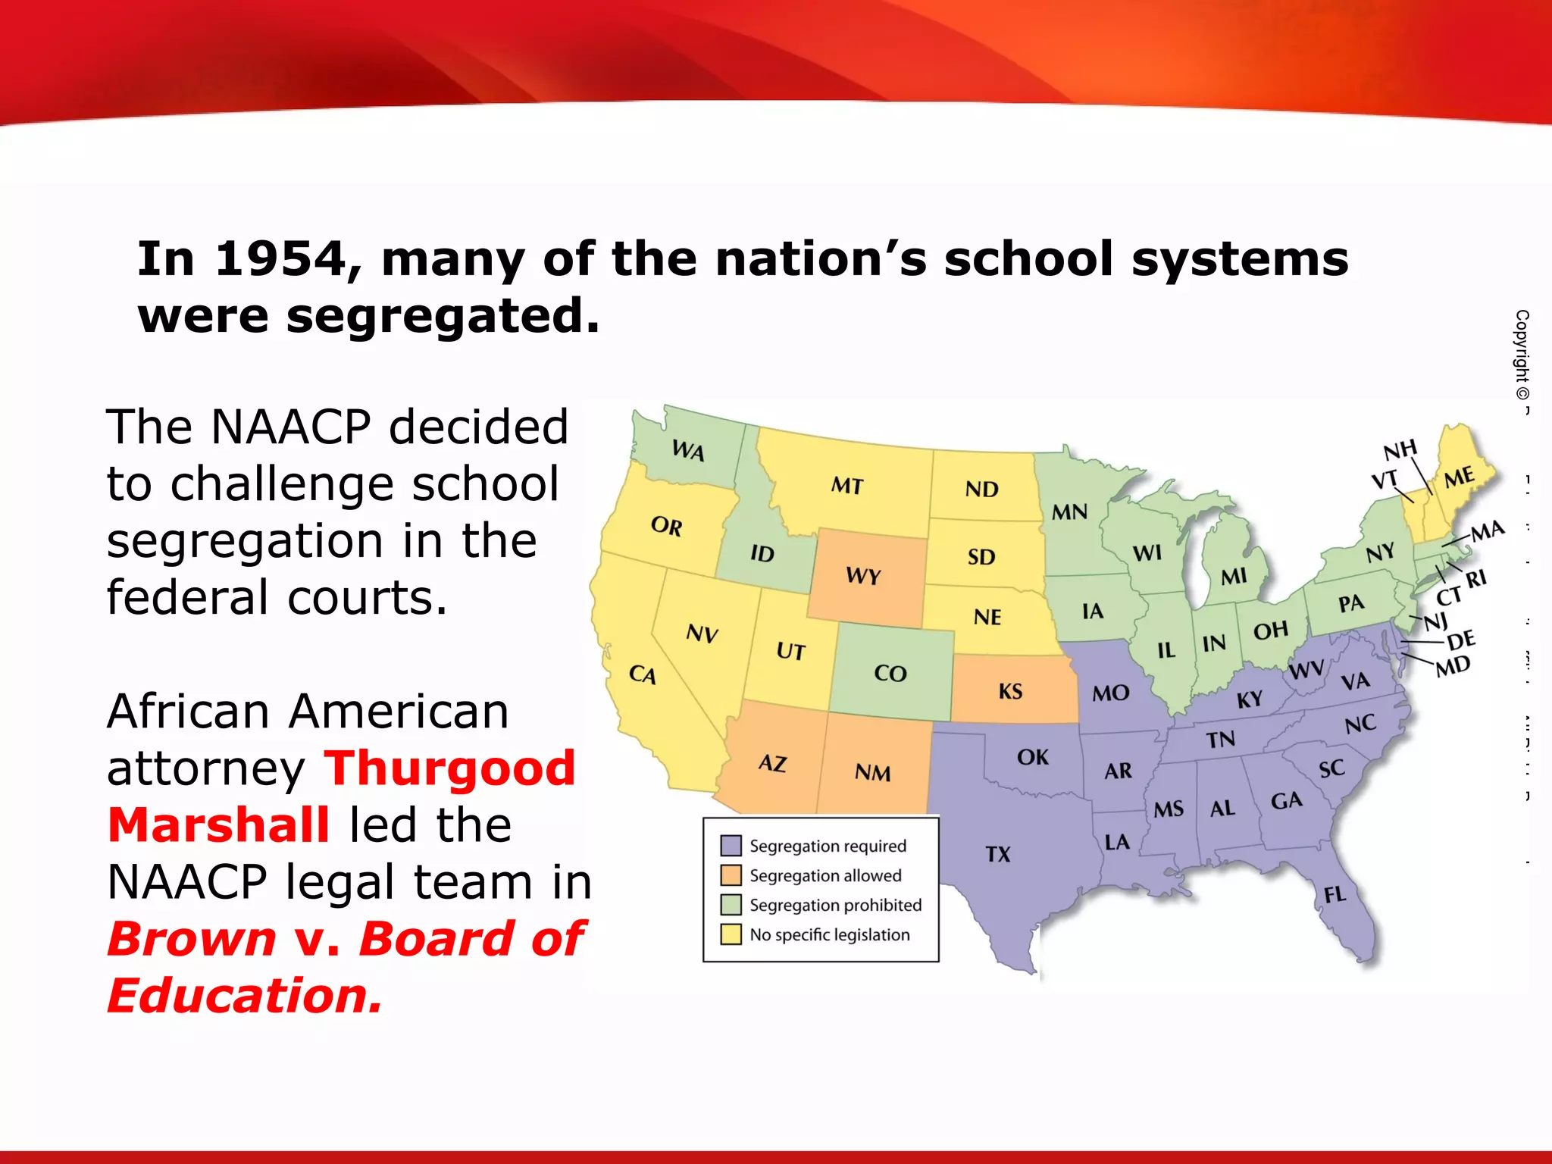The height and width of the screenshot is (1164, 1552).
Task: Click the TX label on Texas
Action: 998,854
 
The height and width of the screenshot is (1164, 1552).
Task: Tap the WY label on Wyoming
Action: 863,576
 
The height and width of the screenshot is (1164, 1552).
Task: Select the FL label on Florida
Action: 1335,894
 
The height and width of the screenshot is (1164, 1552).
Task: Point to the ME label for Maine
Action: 1459,477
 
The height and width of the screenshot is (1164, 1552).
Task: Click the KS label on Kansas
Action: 1010,691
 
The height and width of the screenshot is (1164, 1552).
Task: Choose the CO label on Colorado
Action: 890,673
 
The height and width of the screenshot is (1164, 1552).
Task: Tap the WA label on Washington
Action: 688,451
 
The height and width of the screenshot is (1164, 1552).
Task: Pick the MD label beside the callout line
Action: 1453,666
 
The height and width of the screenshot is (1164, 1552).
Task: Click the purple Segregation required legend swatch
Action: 731,846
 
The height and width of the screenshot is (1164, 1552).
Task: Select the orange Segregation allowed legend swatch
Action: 731,875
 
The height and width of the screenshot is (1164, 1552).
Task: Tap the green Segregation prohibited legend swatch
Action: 731,905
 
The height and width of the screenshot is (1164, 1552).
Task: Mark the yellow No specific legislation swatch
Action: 731,934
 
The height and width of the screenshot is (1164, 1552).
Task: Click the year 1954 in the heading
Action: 280,259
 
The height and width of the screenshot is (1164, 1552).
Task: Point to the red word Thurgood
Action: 450,768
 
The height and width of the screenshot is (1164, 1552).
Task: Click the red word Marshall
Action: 218,825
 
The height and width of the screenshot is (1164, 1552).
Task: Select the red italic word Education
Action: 244,995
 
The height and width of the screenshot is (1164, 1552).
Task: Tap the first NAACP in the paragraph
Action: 290,427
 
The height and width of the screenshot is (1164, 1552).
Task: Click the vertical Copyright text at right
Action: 1522,356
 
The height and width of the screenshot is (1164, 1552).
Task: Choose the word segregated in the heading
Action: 443,316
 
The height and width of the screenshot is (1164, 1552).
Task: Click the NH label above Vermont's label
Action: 1400,451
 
